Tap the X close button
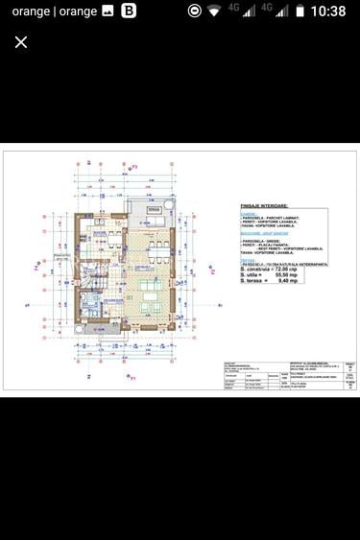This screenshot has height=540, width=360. pos(21,42)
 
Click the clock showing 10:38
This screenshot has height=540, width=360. pos(327,12)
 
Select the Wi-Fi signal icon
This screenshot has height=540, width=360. pos(214,12)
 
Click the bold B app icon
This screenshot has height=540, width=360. pos(128,12)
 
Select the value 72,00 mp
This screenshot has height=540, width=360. pos(307,270)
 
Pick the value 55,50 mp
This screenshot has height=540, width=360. pos(307,276)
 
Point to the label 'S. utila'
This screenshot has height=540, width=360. pos(252,276)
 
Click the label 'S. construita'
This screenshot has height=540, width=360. pos(257,270)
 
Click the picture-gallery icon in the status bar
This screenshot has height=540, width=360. pos(108,12)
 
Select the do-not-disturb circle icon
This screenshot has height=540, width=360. pos(194,12)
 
